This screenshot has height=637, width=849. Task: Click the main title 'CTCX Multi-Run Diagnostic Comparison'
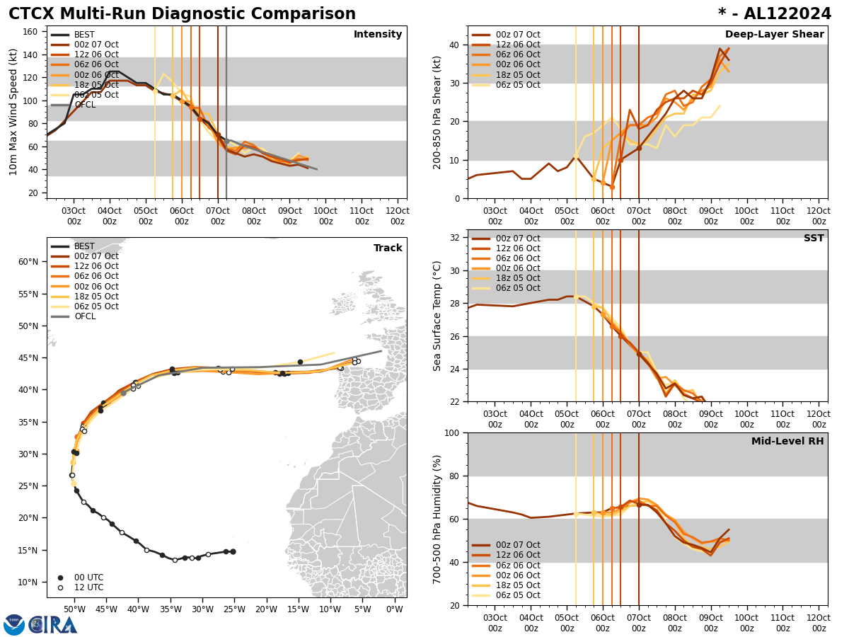click(x=182, y=14)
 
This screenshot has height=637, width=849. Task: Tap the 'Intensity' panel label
click(x=378, y=35)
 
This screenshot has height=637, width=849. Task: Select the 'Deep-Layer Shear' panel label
click(x=774, y=35)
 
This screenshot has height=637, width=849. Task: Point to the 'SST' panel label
click(x=814, y=239)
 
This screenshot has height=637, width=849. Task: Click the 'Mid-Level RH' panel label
click(x=787, y=442)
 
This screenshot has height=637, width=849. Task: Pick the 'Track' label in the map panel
click(x=388, y=248)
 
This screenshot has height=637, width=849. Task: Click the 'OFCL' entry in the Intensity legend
click(x=85, y=105)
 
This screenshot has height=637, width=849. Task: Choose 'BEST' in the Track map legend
click(x=84, y=246)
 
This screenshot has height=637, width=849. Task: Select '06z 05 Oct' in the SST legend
click(x=517, y=288)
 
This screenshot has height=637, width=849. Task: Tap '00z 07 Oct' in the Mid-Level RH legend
click(x=517, y=545)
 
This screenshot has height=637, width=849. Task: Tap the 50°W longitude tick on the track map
click(x=75, y=609)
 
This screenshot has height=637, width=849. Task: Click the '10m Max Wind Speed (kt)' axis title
click(x=13, y=112)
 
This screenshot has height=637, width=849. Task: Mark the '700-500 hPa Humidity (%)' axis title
click(x=437, y=519)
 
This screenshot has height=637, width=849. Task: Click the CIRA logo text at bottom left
click(x=53, y=625)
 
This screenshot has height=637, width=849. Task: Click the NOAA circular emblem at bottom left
click(x=14, y=625)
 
